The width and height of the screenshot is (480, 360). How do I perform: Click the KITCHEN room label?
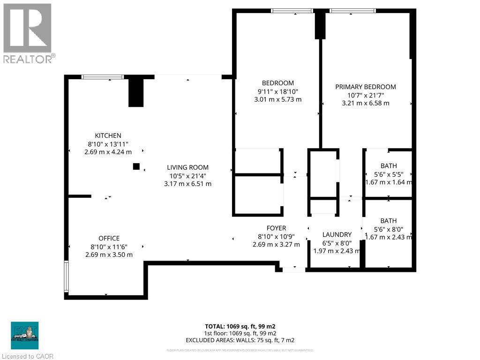click(x=108, y=135)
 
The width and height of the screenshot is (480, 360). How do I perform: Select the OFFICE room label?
click(x=109, y=238)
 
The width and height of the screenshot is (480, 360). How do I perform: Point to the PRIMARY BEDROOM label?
click(x=365, y=87)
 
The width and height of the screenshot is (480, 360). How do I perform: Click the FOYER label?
click(x=276, y=228)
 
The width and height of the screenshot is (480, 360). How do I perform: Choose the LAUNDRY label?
click(x=337, y=234)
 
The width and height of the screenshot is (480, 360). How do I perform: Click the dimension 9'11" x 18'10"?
click(x=278, y=91)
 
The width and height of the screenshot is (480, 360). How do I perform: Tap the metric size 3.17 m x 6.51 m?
click(x=187, y=184)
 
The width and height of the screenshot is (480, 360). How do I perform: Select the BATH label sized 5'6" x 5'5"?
click(x=388, y=165)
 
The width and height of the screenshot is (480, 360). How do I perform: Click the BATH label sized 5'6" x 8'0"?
click(x=388, y=220)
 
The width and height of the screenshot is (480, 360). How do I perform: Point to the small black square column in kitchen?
click(x=136, y=166)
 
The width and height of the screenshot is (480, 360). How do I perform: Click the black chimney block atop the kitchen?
click(x=135, y=92)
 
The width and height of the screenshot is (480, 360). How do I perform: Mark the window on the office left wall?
click(x=67, y=277)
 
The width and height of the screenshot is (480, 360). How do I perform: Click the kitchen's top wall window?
click(x=103, y=76)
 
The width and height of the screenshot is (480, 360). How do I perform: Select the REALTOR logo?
click(x=28, y=33)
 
